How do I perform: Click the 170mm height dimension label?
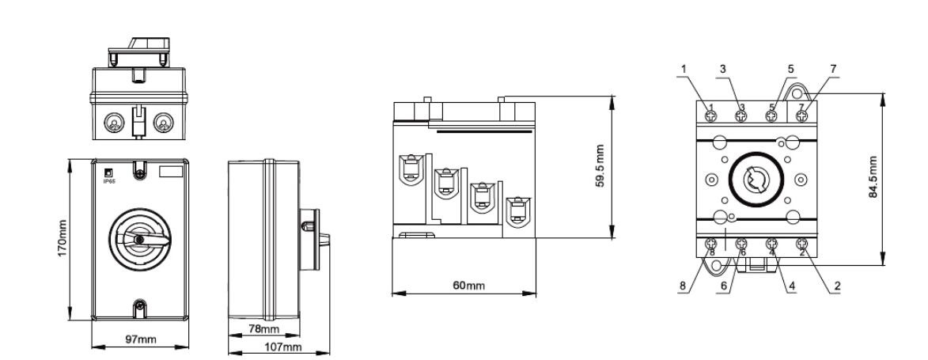click(62, 238)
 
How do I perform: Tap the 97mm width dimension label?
click(141, 339)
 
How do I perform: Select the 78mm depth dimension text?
click(263, 328)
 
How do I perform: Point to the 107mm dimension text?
click(283, 347)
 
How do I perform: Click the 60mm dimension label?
click(468, 286)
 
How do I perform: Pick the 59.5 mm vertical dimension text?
click(600, 166)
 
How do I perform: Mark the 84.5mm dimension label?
click(873, 176)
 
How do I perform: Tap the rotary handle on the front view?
click(139, 238)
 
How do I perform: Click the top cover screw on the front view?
click(139, 174)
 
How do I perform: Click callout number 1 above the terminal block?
click(684, 69)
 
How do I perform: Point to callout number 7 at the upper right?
click(833, 69)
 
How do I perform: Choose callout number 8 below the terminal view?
click(683, 286)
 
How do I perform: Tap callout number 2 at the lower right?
click(838, 286)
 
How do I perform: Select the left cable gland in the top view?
click(114, 123)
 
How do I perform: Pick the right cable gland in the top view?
click(163, 123)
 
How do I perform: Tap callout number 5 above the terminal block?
click(790, 69)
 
